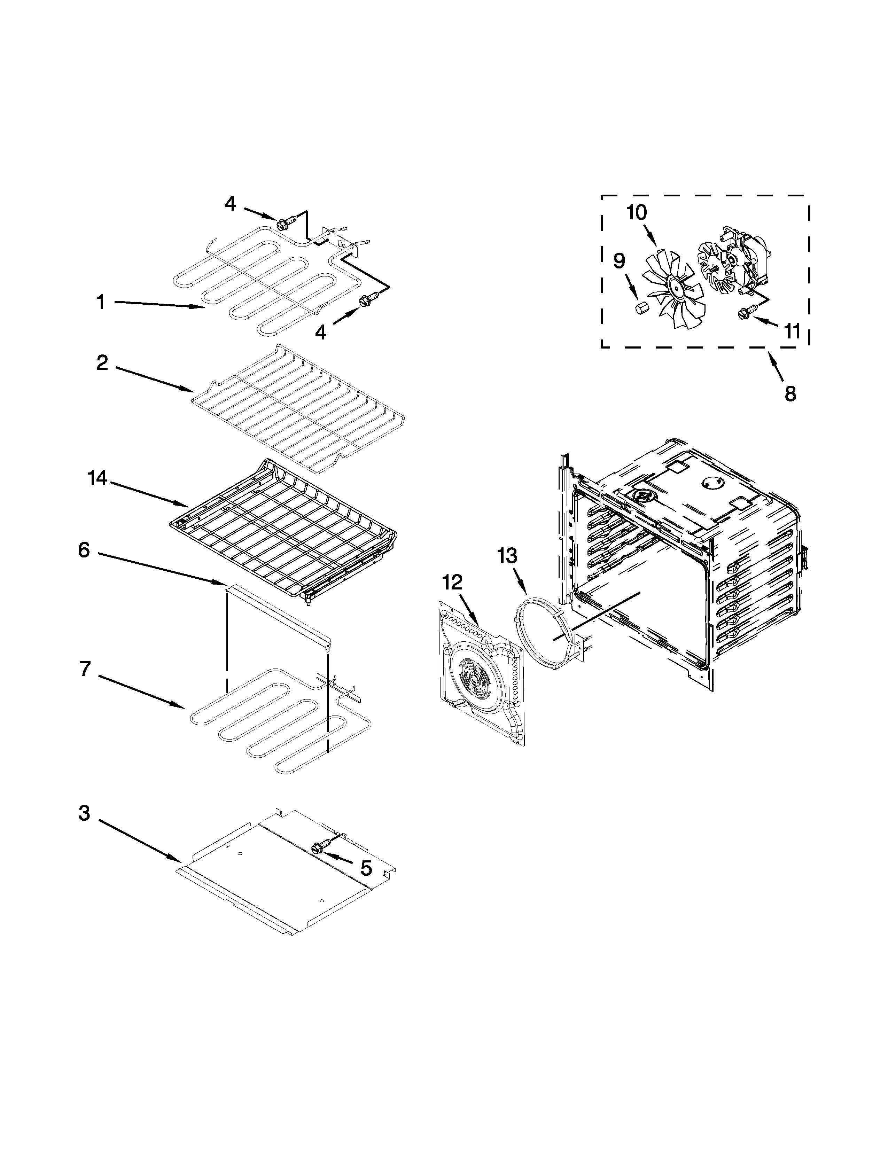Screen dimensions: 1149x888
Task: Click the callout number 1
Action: [x=101, y=303]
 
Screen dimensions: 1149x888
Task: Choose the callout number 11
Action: [x=792, y=331]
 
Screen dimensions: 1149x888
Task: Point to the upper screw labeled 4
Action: [x=282, y=224]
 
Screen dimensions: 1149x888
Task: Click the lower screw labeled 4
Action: [x=364, y=300]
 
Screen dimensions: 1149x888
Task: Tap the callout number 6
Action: [x=84, y=550]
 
